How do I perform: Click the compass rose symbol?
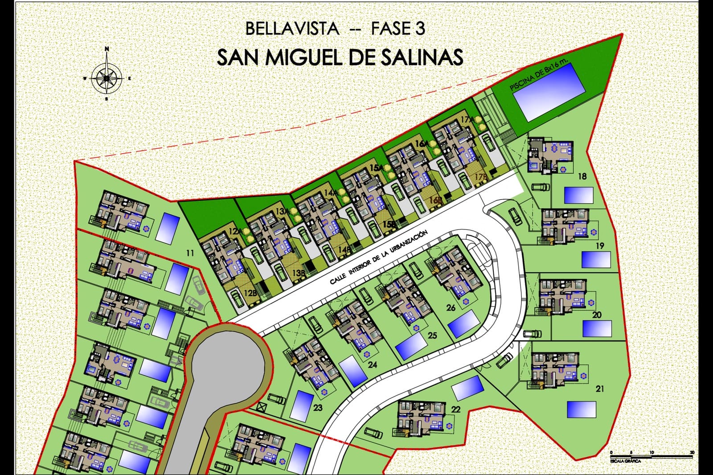(x=107, y=77)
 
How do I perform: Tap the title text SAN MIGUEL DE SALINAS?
(x=340, y=57)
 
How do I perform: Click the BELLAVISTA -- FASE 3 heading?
(x=335, y=29)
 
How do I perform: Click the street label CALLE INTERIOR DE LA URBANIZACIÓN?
(x=379, y=258)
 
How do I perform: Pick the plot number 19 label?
(x=599, y=246)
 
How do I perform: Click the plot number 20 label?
(x=597, y=315)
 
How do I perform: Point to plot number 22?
(x=455, y=409)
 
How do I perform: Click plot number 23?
(x=318, y=407)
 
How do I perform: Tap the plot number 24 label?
(x=373, y=364)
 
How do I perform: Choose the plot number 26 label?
(x=451, y=308)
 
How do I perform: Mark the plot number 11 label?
(x=190, y=254)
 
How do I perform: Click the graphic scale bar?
(x=651, y=456)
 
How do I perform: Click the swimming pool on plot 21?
(x=582, y=409)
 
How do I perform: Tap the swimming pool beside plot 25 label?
(x=411, y=346)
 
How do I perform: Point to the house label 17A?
(x=466, y=119)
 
